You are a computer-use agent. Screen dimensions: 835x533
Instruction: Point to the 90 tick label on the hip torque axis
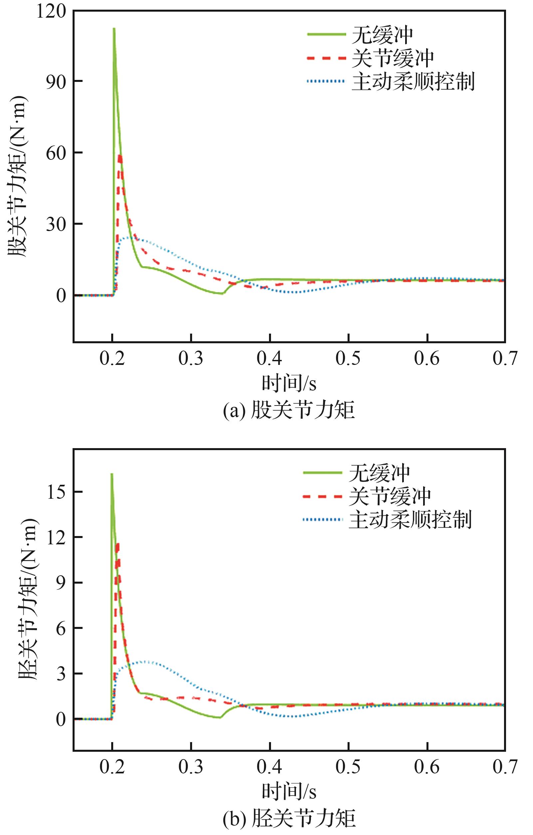click(x=56, y=82)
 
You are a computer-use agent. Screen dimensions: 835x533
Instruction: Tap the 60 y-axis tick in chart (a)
click(x=56, y=153)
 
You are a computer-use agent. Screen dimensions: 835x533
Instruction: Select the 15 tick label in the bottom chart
click(x=56, y=491)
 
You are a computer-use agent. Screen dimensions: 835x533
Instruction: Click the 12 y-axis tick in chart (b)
click(x=56, y=537)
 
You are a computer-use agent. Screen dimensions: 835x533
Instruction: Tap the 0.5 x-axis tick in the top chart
click(x=348, y=358)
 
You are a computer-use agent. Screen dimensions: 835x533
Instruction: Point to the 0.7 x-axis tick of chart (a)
click(x=505, y=358)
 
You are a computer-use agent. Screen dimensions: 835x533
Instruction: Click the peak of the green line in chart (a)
click(x=114, y=28)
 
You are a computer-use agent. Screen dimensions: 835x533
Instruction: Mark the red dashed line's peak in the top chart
click(x=120, y=156)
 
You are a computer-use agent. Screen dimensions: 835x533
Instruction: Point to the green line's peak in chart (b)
click(x=112, y=474)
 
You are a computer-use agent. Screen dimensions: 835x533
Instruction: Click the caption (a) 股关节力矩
click(x=289, y=410)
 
